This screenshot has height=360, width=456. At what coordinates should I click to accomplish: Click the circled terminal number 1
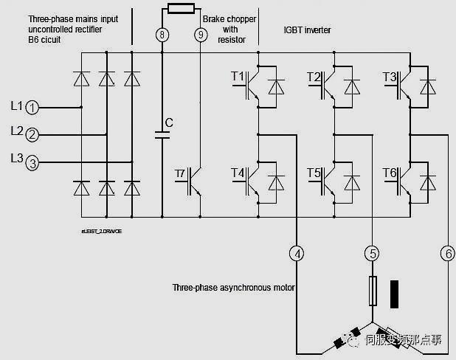click(32, 108)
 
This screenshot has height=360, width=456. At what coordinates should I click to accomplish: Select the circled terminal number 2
click(32, 135)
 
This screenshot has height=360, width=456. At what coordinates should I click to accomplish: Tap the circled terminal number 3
click(32, 163)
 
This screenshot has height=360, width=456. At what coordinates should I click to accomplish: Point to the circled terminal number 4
click(297, 254)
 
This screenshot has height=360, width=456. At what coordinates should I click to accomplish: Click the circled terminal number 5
click(372, 254)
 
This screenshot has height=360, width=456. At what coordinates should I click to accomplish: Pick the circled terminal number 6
click(447, 254)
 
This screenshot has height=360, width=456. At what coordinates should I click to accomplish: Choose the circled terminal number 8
click(162, 34)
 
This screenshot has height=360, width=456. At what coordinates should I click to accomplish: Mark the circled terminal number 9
click(201, 34)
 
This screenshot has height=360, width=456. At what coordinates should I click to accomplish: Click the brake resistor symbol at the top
click(182, 9)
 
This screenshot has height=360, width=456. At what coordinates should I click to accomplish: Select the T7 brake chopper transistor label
click(181, 173)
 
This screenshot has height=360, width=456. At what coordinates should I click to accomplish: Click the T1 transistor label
click(238, 77)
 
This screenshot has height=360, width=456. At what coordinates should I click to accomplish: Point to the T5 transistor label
click(314, 173)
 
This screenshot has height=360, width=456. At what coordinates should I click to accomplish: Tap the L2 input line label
click(16, 131)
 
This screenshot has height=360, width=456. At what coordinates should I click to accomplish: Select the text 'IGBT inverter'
click(308, 30)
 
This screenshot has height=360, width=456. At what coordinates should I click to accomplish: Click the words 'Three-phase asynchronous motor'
click(234, 288)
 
